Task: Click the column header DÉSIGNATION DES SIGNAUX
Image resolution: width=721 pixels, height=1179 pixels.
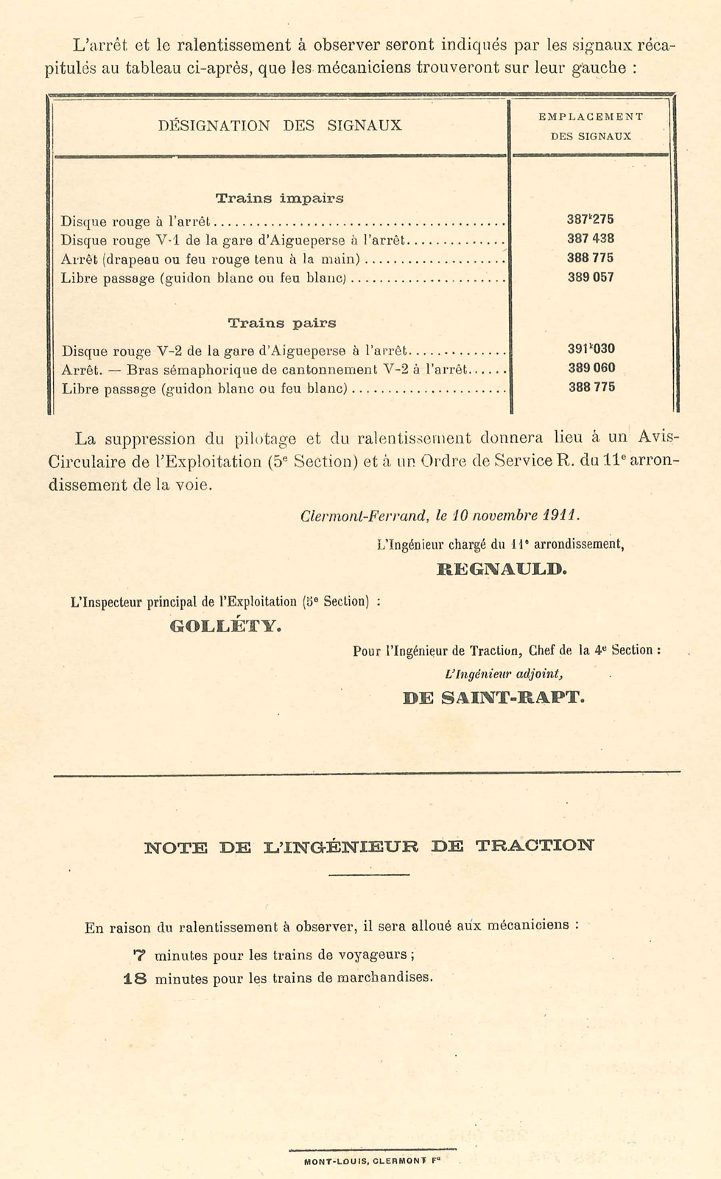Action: point(280,125)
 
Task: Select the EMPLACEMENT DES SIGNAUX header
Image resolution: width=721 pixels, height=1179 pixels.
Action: point(591,126)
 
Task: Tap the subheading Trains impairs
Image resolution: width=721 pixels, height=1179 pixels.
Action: point(279,198)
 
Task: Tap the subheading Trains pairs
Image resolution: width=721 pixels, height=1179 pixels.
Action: point(281,323)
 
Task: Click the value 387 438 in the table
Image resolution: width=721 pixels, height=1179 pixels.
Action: point(591,239)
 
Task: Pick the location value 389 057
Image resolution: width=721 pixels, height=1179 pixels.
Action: point(591,278)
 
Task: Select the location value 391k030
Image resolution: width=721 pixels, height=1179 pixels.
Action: point(591,349)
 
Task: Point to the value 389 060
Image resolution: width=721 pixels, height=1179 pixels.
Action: point(591,368)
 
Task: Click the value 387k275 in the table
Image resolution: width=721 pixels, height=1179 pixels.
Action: point(591,220)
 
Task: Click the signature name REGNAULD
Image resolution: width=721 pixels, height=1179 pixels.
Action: point(502,569)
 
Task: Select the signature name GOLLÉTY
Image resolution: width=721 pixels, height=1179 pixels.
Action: point(225,627)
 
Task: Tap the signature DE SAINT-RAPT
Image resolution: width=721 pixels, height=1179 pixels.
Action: point(493,697)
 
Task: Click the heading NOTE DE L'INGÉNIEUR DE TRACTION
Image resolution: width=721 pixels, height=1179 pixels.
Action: point(369,847)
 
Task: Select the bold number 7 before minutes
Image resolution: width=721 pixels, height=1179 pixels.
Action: point(139,956)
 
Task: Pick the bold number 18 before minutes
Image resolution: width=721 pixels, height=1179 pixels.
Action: point(136,979)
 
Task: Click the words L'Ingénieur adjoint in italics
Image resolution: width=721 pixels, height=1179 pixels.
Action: point(504,673)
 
